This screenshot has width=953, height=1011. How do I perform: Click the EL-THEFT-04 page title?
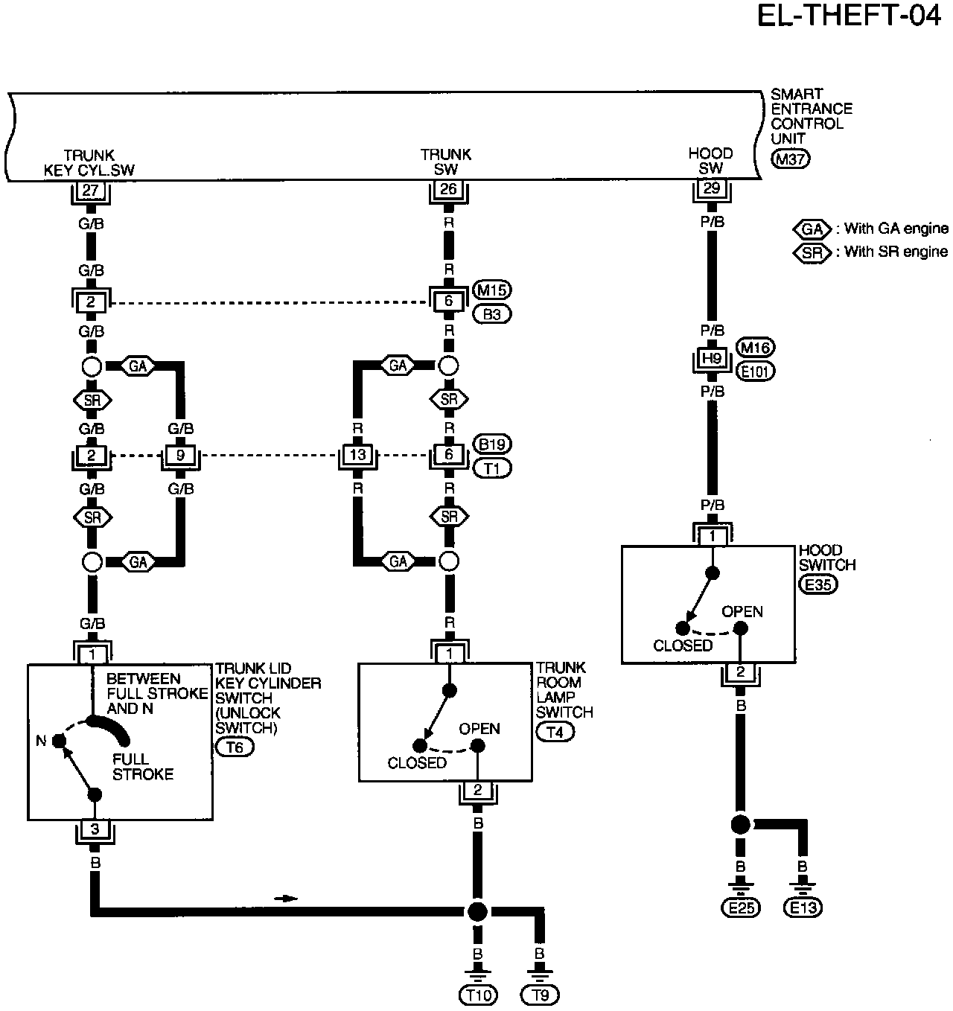848,16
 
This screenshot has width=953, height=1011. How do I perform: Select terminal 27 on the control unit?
90,191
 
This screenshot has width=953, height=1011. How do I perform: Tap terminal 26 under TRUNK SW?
448,189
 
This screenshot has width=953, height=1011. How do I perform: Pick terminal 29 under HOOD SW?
712,188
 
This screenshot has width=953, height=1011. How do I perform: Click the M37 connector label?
790,159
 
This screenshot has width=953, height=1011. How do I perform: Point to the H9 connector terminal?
712,358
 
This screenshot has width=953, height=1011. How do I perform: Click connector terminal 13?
357,454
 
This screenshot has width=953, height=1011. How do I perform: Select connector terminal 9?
180,455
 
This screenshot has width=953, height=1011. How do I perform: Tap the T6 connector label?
235,747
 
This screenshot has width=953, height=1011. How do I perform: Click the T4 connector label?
555,732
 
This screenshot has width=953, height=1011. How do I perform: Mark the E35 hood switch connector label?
818,584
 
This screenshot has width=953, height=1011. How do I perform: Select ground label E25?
741,908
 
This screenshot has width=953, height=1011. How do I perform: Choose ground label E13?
803,908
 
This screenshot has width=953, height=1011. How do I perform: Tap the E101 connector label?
756,372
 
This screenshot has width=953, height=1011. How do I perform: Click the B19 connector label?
492,444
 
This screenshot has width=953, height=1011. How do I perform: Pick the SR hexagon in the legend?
812,252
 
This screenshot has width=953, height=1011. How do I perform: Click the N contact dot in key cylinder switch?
59,740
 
